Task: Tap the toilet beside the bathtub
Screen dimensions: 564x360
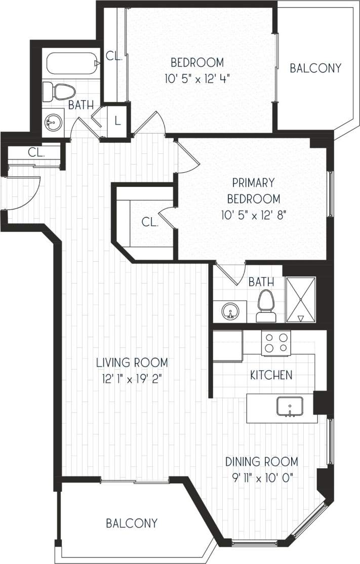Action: [x=60, y=92]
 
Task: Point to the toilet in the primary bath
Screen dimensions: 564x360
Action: [x=265, y=306]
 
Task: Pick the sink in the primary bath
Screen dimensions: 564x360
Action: [x=230, y=310]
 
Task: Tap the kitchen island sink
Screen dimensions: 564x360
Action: [x=290, y=406]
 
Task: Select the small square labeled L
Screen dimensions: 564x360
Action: [x=117, y=121]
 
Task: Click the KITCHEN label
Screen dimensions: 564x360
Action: [x=271, y=375]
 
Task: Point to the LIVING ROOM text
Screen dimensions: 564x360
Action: [x=132, y=362]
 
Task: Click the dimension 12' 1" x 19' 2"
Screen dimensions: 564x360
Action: [x=132, y=377]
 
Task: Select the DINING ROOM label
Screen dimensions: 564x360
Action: [x=261, y=462]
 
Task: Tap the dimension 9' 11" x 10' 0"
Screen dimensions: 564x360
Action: [x=261, y=476]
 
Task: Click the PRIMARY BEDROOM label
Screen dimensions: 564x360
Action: [x=254, y=190]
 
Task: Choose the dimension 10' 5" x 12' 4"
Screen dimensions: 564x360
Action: [x=197, y=78]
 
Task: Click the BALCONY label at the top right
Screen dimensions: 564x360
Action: [x=315, y=68]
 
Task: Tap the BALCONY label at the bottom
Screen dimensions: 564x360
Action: [x=132, y=523]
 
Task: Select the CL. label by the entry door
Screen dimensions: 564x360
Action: [x=35, y=151]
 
